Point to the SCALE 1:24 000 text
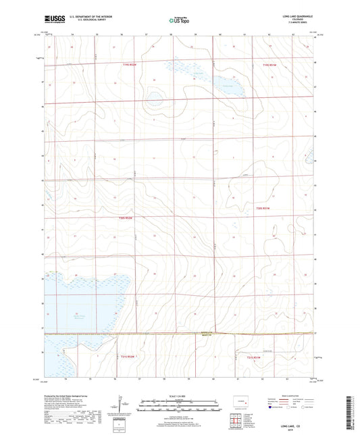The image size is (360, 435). tap(178, 396)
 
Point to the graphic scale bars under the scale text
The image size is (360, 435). tap(178, 407)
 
